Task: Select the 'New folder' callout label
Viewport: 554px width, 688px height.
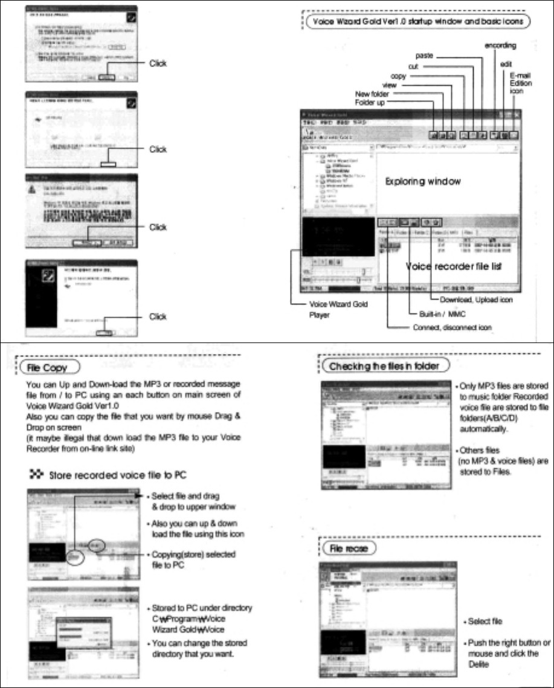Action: (372, 94)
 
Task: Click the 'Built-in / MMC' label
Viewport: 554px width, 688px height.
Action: (436, 314)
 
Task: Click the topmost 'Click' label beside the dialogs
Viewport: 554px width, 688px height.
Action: (158, 63)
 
